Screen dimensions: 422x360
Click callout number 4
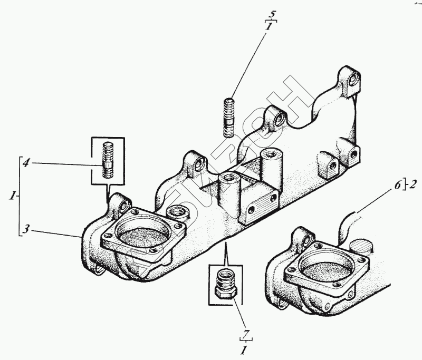[x=25, y=163]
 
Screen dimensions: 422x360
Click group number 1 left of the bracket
[x=11, y=196]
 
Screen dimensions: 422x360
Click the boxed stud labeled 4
[x=108, y=159]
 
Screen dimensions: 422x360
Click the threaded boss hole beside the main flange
[x=175, y=213]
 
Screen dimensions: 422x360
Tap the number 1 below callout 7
[x=244, y=350]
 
